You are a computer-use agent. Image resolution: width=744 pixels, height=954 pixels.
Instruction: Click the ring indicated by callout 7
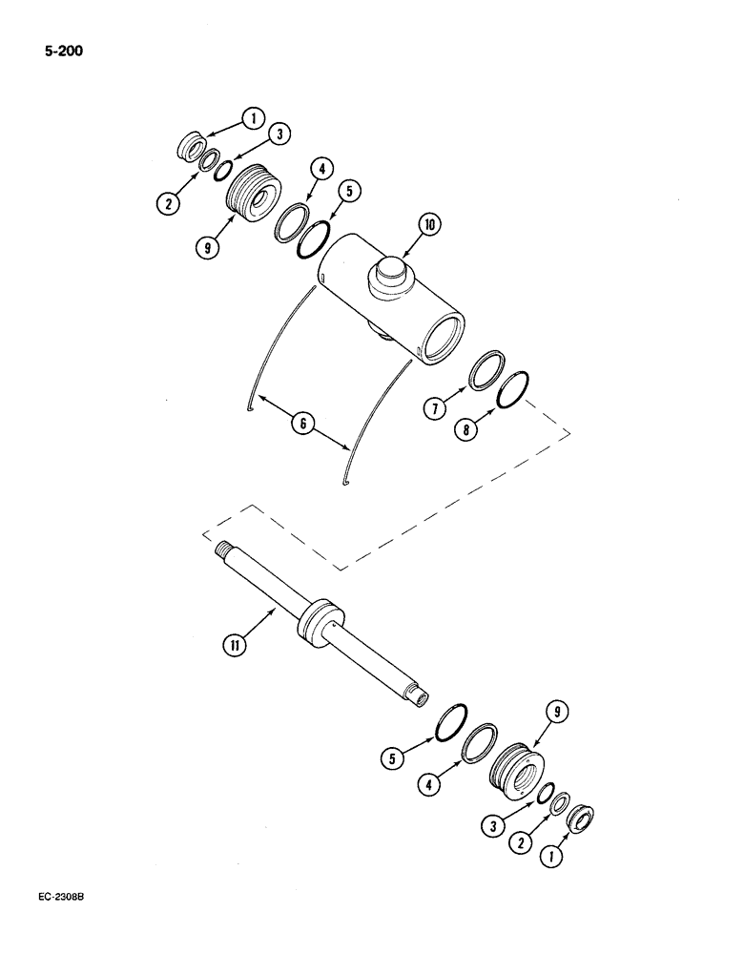489,369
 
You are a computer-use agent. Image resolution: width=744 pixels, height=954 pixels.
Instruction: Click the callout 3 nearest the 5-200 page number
279,135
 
